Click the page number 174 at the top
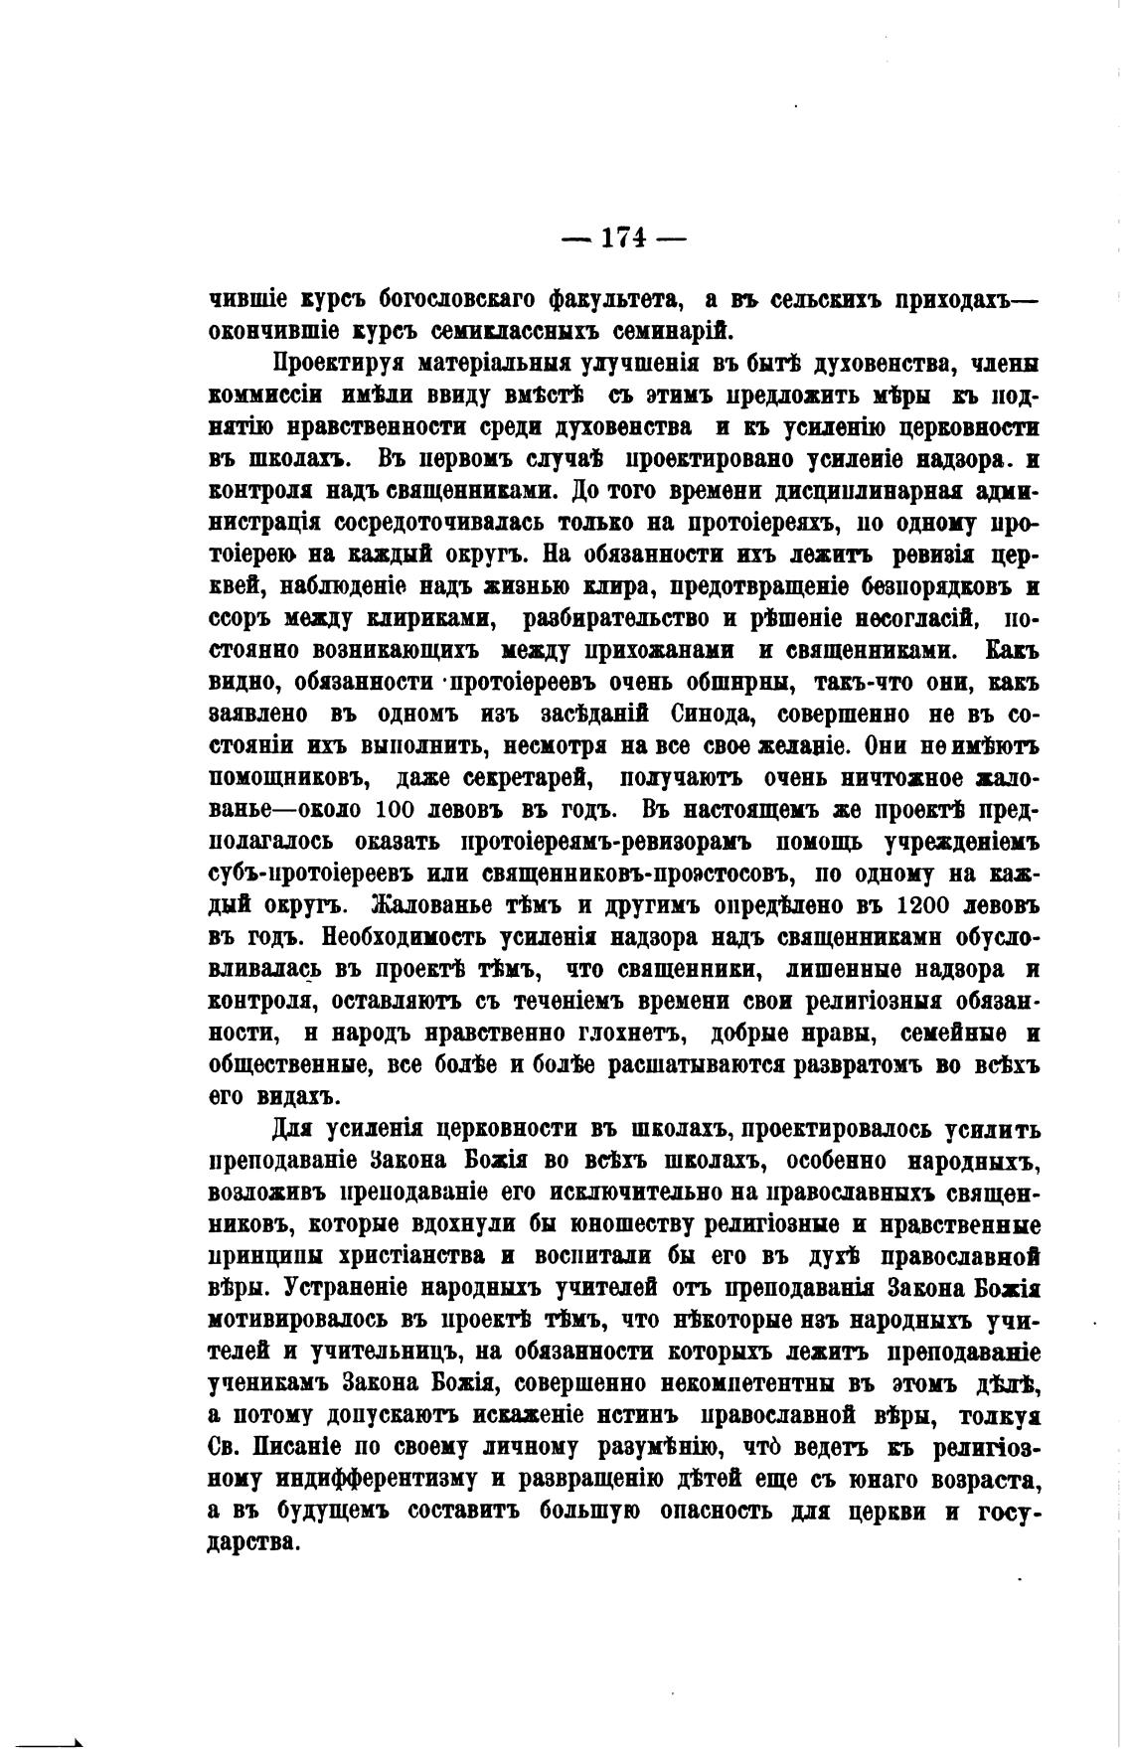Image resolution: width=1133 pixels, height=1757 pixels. (x=624, y=239)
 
